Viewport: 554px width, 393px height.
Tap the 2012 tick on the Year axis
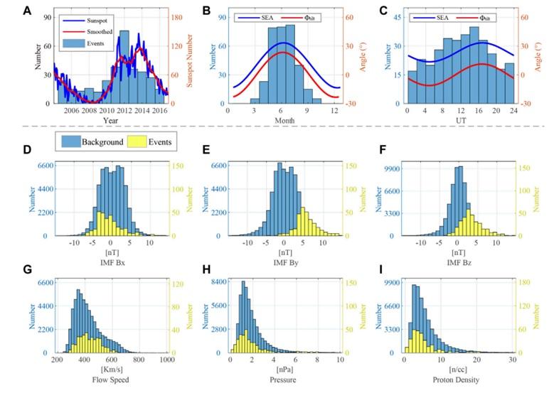click(x=124, y=110)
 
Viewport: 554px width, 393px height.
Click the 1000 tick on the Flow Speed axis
click(x=167, y=360)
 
